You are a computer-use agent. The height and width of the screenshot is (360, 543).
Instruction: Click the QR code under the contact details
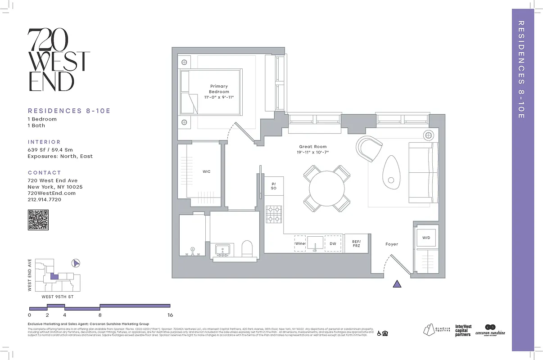(x=38, y=220)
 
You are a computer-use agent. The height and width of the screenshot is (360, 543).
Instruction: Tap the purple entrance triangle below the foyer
(x=397, y=283)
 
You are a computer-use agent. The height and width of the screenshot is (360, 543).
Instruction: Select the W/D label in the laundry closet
(x=426, y=238)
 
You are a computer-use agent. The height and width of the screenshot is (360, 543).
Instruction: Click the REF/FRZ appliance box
(x=356, y=243)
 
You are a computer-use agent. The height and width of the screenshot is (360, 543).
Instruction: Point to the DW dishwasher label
(x=333, y=243)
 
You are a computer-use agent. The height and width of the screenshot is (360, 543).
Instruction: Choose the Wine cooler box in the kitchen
(x=300, y=243)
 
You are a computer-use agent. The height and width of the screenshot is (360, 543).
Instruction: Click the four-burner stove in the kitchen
(x=273, y=214)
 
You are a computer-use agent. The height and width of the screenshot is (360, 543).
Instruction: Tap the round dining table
(x=327, y=188)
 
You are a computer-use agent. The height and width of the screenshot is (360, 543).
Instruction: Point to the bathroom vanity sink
(x=222, y=250)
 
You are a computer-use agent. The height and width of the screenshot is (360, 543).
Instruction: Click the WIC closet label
(x=206, y=171)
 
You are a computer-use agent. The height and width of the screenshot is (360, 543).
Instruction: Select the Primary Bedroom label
(x=219, y=89)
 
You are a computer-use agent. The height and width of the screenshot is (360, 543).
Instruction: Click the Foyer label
(x=392, y=244)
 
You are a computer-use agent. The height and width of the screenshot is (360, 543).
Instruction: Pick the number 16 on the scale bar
(x=170, y=315)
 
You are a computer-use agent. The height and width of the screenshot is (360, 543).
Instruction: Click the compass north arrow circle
(x=76, y=263)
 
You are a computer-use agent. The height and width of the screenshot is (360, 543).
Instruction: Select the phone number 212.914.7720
(x=45, y=199)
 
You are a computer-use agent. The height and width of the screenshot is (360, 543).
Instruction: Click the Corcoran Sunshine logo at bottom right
(x=490, y=330)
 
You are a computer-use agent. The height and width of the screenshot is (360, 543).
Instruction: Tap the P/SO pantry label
(x=273, y=186)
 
